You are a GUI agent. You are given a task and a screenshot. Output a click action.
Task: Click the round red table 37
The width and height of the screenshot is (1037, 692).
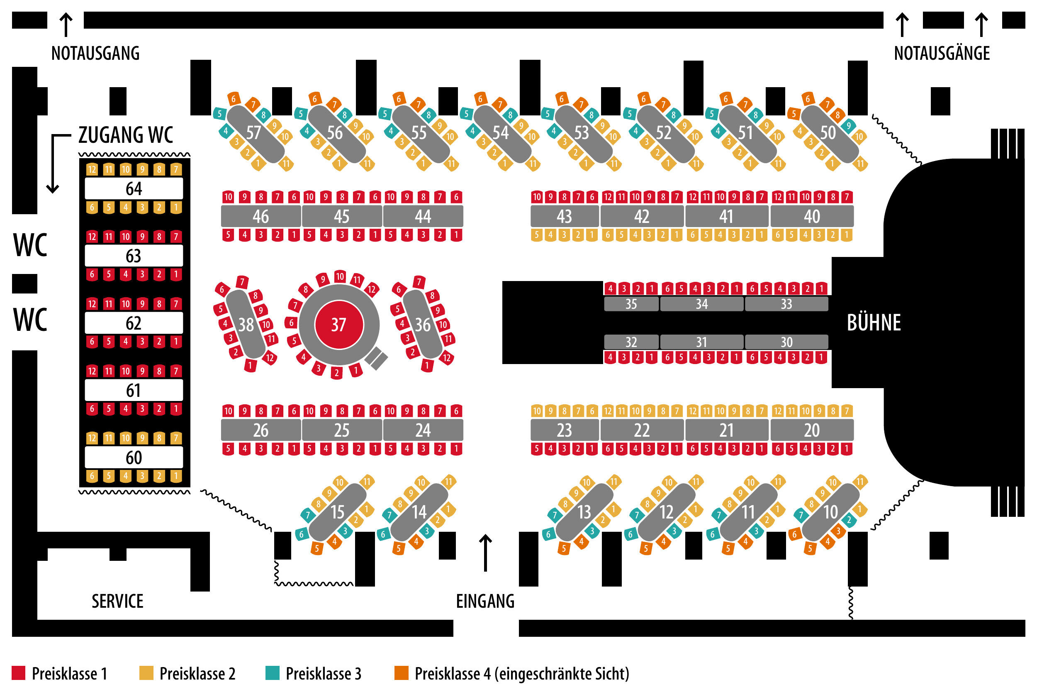click(x=338, y=325)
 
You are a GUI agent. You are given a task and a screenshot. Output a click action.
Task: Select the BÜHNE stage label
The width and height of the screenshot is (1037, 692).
click(x=874, y=323)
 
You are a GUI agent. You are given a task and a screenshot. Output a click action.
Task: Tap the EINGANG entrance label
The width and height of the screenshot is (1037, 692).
click(x=485, y=601)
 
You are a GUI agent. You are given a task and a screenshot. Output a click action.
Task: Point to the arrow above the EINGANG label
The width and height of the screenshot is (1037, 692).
click(x=485, y=553)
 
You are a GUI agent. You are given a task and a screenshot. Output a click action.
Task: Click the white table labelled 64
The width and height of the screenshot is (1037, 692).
click(x=134, y=188)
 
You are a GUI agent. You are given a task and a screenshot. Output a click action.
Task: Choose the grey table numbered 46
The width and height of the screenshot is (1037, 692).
click(x=261, y=216)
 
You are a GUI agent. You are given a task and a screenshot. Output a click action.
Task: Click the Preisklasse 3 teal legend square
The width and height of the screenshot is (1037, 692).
click(x=272, y=673)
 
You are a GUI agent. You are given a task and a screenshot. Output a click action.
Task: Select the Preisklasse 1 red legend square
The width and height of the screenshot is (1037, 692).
click(x=19, y=673)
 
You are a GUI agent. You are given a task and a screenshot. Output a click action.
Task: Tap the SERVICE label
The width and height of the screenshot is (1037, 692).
click(x=117, y=601)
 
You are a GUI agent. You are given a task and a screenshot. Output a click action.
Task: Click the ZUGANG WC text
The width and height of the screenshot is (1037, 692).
click(x=126, y=134)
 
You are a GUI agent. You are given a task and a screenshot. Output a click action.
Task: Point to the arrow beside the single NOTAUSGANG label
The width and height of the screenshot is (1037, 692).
click(x=66, y=25)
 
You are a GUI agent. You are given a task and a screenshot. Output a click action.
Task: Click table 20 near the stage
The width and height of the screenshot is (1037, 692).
click(x=812, y=430)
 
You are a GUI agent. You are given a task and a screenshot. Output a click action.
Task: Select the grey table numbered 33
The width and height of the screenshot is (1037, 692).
click(x=786, y=304)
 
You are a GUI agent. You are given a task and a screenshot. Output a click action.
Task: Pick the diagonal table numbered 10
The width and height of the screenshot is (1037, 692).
click(x=830, y=512)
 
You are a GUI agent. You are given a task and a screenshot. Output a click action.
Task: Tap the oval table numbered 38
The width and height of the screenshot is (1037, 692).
click(x=246, y=325)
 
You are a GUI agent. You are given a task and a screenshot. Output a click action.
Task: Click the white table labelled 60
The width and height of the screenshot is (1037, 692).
click(x=134, y=457)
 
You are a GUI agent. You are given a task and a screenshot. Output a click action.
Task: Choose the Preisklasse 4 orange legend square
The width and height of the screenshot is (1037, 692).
click(x=401, y=673)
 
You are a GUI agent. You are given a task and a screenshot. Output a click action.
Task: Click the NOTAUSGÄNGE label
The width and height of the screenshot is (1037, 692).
click(x=942, y=54)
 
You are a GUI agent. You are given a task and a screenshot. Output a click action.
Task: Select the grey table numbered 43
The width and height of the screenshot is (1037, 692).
click(x=565, y=216)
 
